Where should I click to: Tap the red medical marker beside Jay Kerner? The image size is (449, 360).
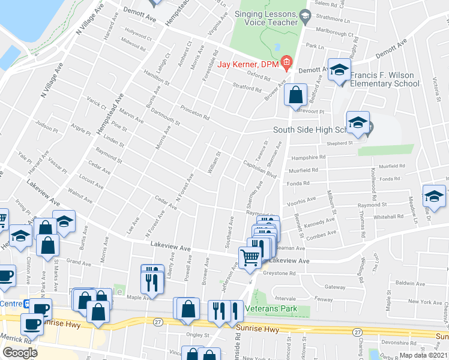(286, 62)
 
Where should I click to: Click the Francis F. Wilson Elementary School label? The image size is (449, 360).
(385, 80)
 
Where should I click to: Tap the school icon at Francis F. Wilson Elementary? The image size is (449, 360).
(339, 71)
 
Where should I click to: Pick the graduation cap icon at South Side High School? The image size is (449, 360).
(358, 123)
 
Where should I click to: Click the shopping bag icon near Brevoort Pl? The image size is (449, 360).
(296, 95)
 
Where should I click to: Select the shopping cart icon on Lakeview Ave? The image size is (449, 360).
(250, 257)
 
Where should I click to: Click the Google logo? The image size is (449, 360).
(20, 353)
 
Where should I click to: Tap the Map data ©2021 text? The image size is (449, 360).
(423, 355)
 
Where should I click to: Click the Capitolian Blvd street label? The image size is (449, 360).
(259, 168)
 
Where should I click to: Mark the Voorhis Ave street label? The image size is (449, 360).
(303, 200)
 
